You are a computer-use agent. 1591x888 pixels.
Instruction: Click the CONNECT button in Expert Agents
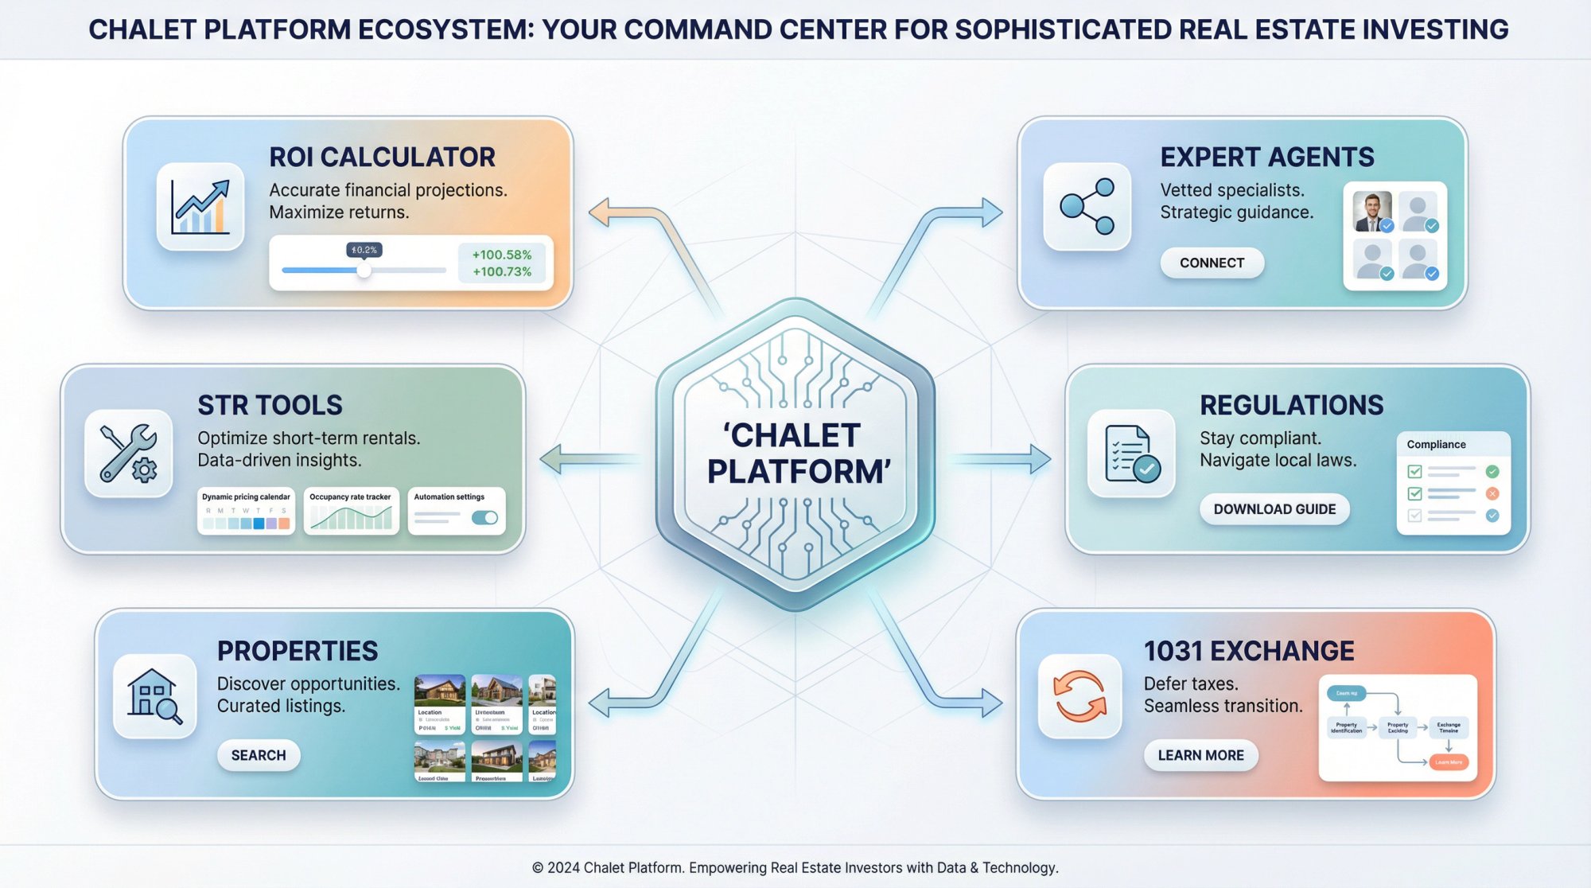pyautogui.click(x=1212, y=263)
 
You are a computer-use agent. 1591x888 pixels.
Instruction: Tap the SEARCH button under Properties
pyautogui.click(x=259, y=755)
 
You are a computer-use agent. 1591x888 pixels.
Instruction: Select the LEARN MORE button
pyautogui.click(x=1200, y=755)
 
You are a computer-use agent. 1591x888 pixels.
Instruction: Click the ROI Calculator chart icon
pyautogui.click(x=200, y=207)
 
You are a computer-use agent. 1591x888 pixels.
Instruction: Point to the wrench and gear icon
pyautogui.click(x=128, y=454)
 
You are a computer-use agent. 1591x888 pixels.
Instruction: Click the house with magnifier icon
pyautogui.click(x=155, y=696)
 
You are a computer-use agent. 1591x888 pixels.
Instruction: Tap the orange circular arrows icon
pyautogui.click(x=1079, y=696)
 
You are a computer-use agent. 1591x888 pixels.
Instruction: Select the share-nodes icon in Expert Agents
pyautogui.click(x=1087, y=207)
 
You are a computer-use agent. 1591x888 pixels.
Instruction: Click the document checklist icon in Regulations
pyautogui.click(x=1131, y=454)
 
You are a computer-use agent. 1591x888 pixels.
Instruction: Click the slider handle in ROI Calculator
pyautogui.click(x=364, y=271)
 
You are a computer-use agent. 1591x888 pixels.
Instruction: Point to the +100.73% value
pyautogui.click(x=502, y=272)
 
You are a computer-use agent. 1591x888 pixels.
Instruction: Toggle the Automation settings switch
pyautogui.click(x=484, y=518)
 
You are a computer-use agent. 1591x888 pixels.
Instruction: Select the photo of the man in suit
pyautogui.click(x=1372, y=212)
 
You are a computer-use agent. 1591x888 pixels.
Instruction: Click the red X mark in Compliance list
pyautogui.click(x=1492, y=493)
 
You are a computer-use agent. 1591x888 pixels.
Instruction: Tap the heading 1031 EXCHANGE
pyautogui.click(x=1249, y=651)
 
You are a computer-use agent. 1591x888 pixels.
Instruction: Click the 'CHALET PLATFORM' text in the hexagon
pyautogui.click(x=795, y=454)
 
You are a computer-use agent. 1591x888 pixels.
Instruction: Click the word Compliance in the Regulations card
pyautogui.click(x=1436, y=445)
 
